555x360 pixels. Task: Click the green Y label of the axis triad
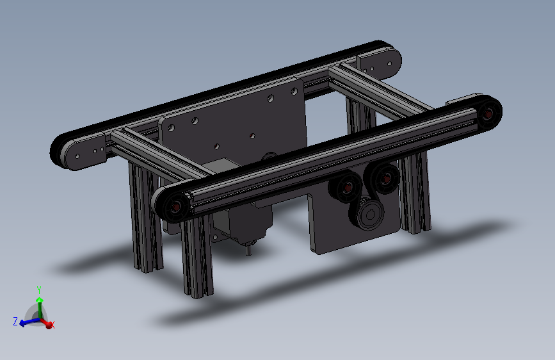(x=39, y=290)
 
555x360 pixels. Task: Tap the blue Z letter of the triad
(x=15, y=322)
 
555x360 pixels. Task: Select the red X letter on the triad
(x=52, y=325)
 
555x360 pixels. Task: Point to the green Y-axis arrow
(x=40, y=307)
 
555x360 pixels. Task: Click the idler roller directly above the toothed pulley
(x=385, y=179)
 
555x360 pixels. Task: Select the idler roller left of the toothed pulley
(x=346, y=188)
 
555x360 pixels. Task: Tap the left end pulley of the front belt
(x=173, y=206)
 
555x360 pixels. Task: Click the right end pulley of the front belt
(x=488, y=113)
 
